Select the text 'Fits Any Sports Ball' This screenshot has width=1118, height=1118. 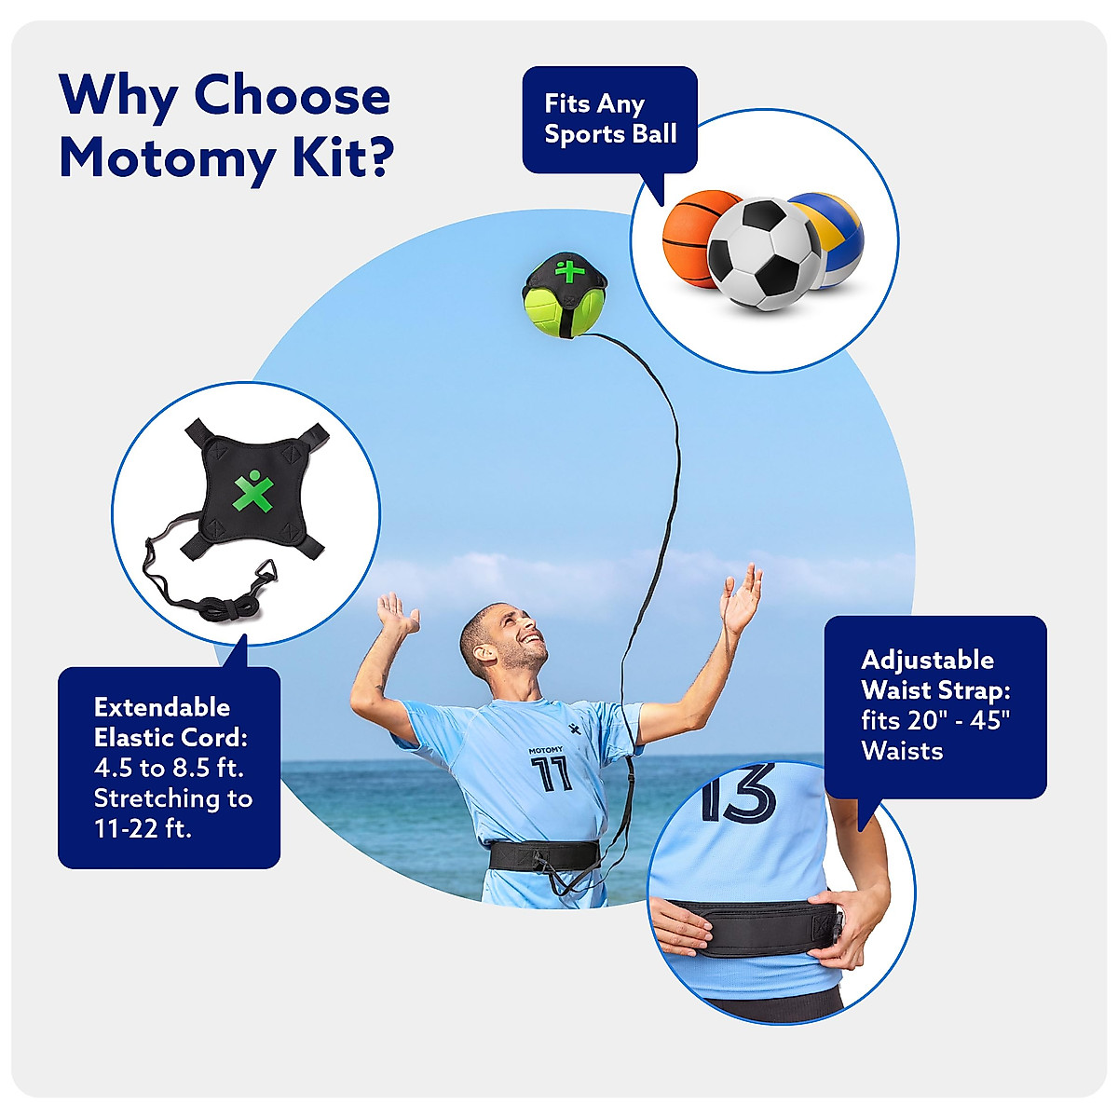pos(609,118)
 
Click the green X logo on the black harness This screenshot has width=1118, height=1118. pos(253,491)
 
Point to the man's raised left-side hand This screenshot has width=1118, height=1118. pos(399,615)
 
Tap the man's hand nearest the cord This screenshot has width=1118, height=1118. pos(742,599)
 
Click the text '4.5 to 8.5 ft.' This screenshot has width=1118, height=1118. pos(169,769)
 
